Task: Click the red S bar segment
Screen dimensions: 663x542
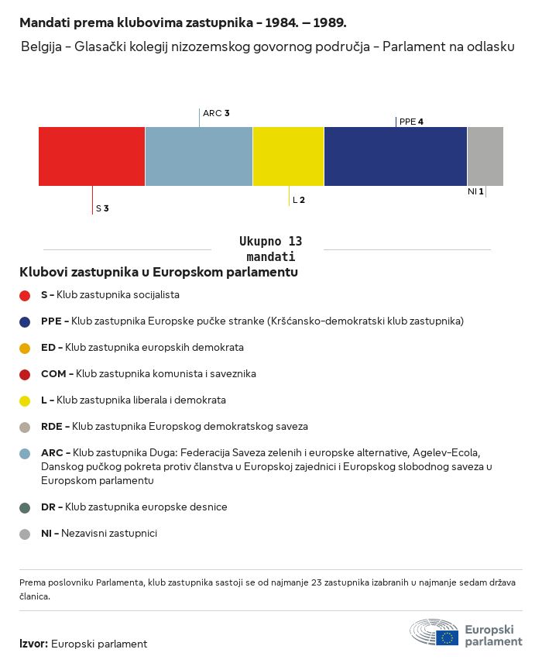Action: coord(91,156)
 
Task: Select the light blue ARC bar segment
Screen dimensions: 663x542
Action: coord(198,156)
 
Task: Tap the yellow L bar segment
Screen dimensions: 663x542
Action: coord(288,156)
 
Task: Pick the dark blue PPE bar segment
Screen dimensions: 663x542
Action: coord(395,156)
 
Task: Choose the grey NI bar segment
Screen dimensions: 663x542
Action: coord(485,156)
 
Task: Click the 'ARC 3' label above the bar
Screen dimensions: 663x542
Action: coord(216,113)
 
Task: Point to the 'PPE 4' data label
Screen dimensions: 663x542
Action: coord(411,122)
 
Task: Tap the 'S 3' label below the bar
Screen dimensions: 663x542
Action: coord(102,208)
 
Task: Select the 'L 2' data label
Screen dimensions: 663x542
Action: coord(299,200)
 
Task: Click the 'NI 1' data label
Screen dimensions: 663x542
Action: coord(475,191)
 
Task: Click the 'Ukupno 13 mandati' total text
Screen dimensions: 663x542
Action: coord(270,249)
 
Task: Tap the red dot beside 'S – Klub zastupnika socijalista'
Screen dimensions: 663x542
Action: coord(25,295)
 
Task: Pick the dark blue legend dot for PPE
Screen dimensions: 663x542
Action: coord(25,321)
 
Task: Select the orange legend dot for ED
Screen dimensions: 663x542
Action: coord(25,348)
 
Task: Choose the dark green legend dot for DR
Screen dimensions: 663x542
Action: coord(25,507)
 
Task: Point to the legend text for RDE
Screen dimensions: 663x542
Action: coord(174,426)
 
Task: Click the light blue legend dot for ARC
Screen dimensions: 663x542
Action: coord(25,453)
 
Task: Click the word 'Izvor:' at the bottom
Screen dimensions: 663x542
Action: coord(34,644)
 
